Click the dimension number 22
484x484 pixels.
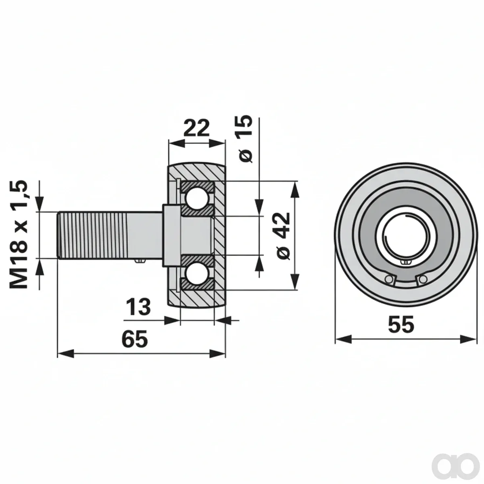pyautogui.click(x=196, y=128)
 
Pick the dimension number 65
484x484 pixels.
pyautogui.click(x=135, y=338)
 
